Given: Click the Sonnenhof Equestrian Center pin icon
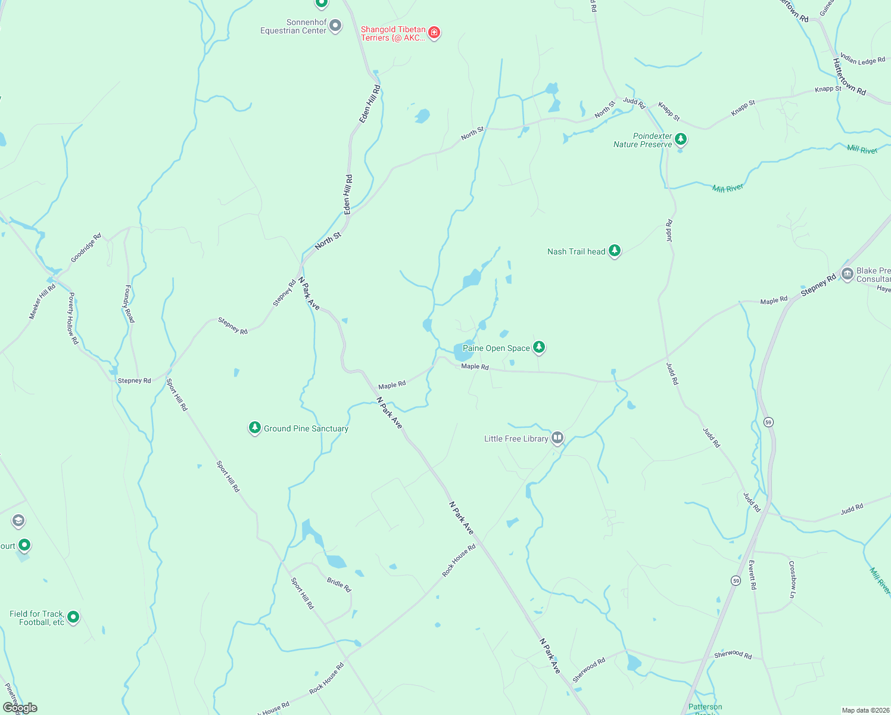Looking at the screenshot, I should point(335,26).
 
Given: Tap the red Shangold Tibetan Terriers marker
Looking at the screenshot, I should point(434,32).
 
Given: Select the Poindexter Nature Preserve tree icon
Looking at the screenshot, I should point(681,139).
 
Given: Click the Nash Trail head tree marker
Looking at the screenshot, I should point(615,251).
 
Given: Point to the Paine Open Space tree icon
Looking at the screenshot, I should point(539,347).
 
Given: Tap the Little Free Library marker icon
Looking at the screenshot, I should point(557,438).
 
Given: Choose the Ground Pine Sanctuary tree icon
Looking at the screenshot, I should point(255,428).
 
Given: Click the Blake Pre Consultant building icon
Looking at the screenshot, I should point(847,274).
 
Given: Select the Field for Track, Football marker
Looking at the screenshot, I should point(73,617).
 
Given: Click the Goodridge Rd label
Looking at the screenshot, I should point(86,248).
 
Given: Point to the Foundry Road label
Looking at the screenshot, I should point(129,304).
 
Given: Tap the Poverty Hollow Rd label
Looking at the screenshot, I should point(73,318).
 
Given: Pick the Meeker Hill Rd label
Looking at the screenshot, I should point(42,301).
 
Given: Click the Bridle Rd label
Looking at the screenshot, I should point(339,584).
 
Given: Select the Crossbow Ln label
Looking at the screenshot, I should point(792,579).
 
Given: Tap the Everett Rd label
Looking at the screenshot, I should point(752,574).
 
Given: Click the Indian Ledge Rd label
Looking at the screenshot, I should point(862,60).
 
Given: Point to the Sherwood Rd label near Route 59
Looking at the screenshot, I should point(733,655).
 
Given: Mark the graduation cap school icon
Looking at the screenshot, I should point(18,521).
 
